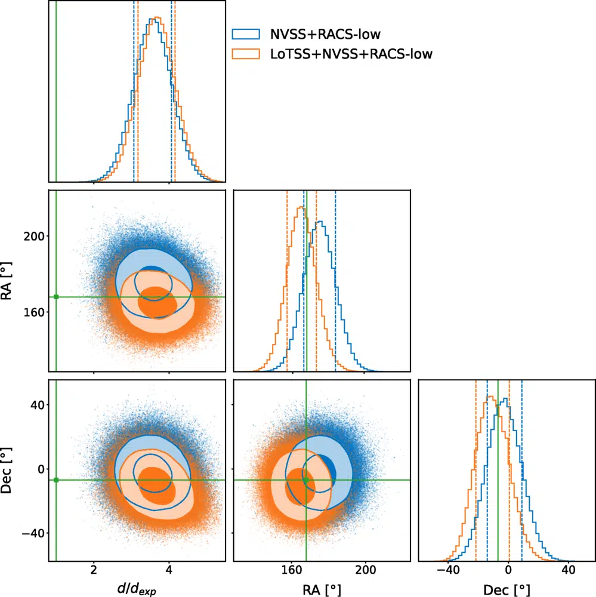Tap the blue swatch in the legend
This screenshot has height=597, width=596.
(246, 33)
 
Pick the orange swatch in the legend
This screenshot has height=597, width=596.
(246, 54)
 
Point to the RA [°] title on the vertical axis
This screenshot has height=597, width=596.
(11, 281)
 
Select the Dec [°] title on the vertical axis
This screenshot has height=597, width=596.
(11, 469)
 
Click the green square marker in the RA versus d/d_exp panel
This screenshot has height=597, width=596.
(56, 297)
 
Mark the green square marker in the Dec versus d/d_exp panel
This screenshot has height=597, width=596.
(56, 480)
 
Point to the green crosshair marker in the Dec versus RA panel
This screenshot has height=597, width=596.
(306, 480)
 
